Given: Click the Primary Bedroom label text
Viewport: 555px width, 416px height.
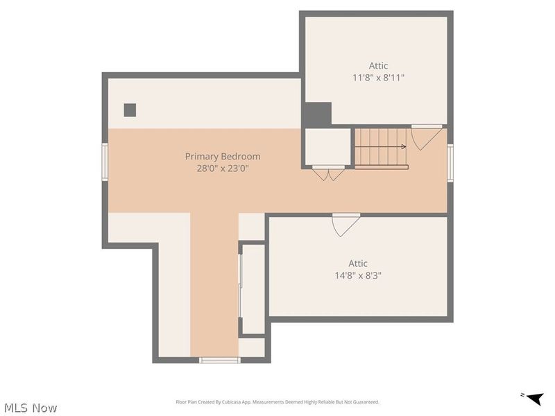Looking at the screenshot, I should point(223,157).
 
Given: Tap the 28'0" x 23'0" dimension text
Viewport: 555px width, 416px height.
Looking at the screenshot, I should point(223,168).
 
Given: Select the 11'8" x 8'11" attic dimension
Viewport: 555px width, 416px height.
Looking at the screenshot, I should point(378,78).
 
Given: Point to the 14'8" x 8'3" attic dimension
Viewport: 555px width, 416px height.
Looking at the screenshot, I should point(358,275).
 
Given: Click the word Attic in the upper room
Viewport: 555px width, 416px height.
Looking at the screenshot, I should point(378,66).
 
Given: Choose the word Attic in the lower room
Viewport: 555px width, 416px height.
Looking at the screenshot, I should point(358,263).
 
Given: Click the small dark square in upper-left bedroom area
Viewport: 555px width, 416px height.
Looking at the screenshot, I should point(130,110).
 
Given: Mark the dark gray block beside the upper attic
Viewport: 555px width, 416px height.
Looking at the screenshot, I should point(317,114).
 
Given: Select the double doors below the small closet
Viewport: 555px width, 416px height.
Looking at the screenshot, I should point(328,173).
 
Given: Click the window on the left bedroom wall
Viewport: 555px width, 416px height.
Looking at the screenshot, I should point(105,162).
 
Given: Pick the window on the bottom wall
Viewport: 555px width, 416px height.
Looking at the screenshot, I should point(220,360).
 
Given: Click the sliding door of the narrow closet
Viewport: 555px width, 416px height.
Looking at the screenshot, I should point(241,289).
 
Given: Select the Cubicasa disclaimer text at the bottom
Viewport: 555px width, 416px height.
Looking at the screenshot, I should point(277,402).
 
